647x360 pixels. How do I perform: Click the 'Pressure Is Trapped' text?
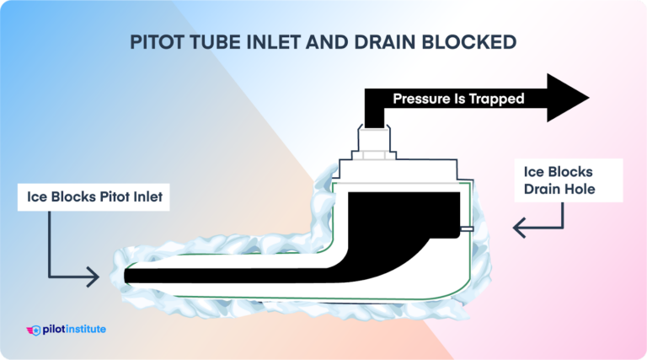458,99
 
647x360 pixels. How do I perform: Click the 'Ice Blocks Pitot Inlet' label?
91,199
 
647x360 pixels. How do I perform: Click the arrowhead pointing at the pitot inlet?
95,275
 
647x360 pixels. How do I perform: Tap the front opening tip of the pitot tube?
126,275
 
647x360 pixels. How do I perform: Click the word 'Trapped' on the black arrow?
497,99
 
